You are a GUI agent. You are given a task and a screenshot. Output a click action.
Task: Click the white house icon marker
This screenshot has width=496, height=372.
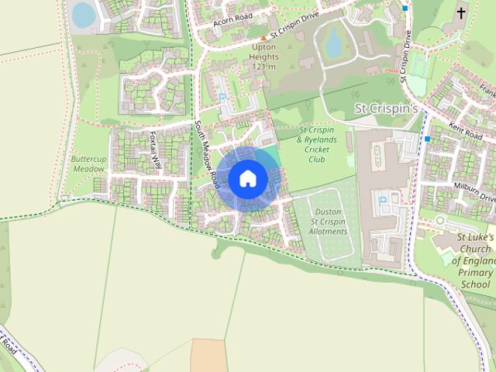click(248, 178)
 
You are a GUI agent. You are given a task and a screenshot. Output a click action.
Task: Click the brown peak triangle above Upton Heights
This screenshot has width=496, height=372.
click(263, 37)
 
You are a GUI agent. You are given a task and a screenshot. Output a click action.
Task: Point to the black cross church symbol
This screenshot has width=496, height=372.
click(461, 13)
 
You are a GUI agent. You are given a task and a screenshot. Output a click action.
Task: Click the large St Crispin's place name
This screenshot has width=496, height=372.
click(386, 109)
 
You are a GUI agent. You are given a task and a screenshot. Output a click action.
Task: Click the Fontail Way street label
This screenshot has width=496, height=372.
click(156, 150)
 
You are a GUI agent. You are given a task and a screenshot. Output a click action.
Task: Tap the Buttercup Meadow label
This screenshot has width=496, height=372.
click(88, 164)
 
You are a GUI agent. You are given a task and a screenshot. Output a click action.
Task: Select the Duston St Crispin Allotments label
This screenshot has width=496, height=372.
click(328, 221)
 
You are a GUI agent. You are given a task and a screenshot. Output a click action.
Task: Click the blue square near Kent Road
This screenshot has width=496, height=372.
click(427, 139)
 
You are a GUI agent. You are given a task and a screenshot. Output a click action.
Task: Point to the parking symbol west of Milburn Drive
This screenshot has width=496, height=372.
click(383, 201)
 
